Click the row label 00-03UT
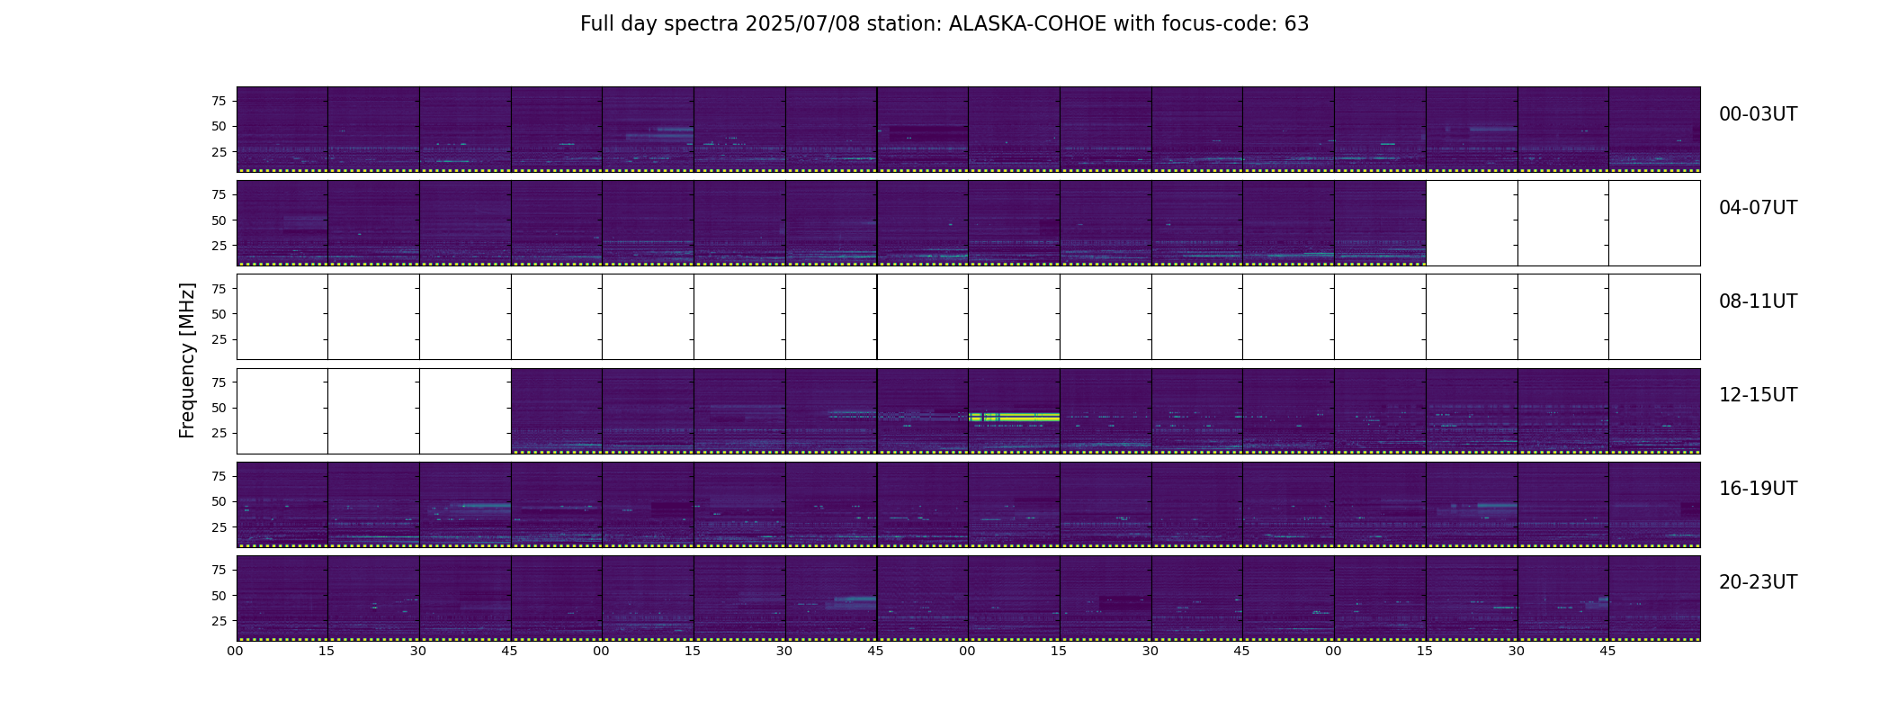click(1758, 114)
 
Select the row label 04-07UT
click(1758, 208)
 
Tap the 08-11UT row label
click(1758, 301)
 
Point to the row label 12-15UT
click(1758, 395)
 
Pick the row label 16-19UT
click(1758, 489)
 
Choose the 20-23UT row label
click(1758, 582)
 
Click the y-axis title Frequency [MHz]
click(187, 360)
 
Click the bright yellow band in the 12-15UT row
click(1014, 417)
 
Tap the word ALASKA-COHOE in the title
click(1027, 24)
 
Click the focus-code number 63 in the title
click(1296, 24)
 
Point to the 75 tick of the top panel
click(219, 101)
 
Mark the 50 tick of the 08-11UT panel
click(219, 314)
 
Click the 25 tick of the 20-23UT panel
click(219, 621)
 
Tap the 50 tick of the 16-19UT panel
click(219, 501)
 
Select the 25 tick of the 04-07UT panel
click(219, 246)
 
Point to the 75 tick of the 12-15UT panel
click(219, 382)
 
